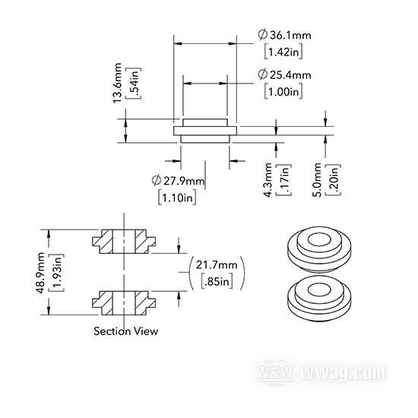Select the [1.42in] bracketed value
283,52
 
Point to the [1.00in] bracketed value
283,92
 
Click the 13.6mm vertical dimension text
117,83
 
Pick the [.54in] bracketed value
134,84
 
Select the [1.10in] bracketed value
177,198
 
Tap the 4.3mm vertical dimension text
268,180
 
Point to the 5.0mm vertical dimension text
317,180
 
